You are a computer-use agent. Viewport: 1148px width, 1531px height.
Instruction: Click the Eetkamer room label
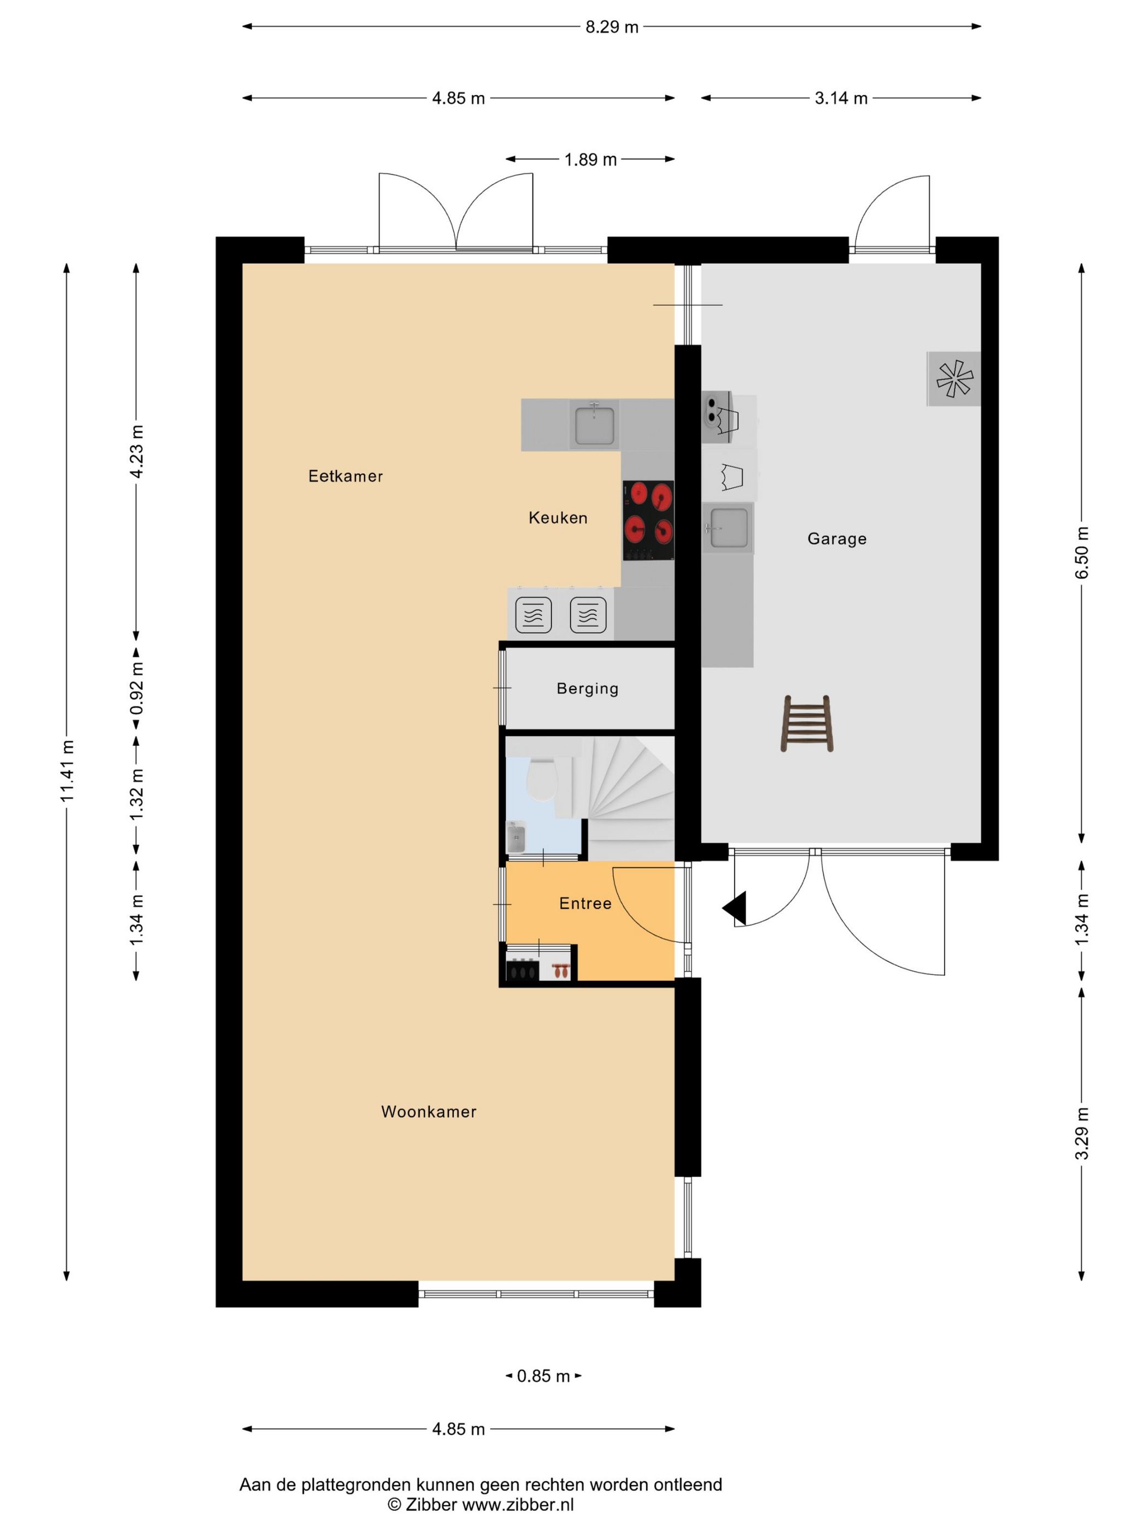pyautogui.click(x=345, y=476)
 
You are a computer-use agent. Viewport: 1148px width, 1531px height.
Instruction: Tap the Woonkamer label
pyautogui.click(x=429, y=1112)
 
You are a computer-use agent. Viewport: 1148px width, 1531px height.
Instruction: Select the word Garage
pyautogui.click(x=836, y=539)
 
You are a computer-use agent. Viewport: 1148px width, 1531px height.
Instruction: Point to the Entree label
pyautogui.click(x=585, y=903)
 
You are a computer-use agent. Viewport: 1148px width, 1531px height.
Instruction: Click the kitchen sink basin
pyautogui.click(x=594, y=425)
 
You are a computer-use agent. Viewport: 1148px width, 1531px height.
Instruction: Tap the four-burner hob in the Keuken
pyautogui.click(x=648, y=520)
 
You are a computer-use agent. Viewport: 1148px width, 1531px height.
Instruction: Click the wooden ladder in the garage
pyautogui.click(x=807, y=723)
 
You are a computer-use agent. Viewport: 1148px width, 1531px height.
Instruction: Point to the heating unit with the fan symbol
pyautogui.click(x=953, y=378)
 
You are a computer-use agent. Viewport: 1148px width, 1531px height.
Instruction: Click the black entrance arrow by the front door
pyautogui.click(x=735, y=908)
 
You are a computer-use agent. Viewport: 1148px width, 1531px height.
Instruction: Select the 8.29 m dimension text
pyautogui.click(x=612, y=27)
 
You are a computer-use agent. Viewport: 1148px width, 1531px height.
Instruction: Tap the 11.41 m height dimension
pyautogui.click(x=67, y=771)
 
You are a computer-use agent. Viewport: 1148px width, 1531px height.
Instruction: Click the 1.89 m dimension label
pyautogui.click(x=590, y=160)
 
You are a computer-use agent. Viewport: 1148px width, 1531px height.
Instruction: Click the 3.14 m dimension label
pyautogui.click(x=841, y=98)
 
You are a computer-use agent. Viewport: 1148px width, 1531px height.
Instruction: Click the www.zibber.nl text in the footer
pyautogui.click(x=518, y=1505)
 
